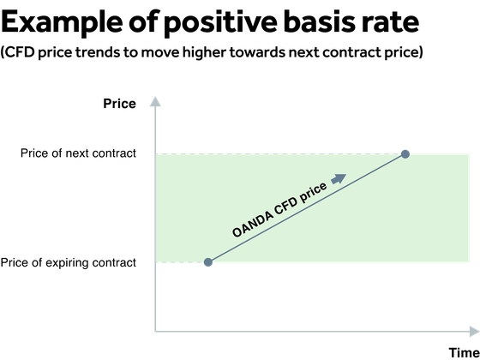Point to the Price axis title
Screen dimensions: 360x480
coord(119,104)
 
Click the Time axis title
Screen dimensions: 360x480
coord(463,352)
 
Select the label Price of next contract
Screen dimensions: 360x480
coord(78,154)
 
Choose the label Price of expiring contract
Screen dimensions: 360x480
coord(69,262)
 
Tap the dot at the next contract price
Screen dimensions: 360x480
coord(405,154)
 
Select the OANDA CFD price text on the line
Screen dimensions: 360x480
coord(279,211)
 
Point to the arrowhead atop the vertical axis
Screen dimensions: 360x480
coord(155,102)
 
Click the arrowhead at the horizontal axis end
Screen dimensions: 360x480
coord(474,331)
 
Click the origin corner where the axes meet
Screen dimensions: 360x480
coord(155,331)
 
